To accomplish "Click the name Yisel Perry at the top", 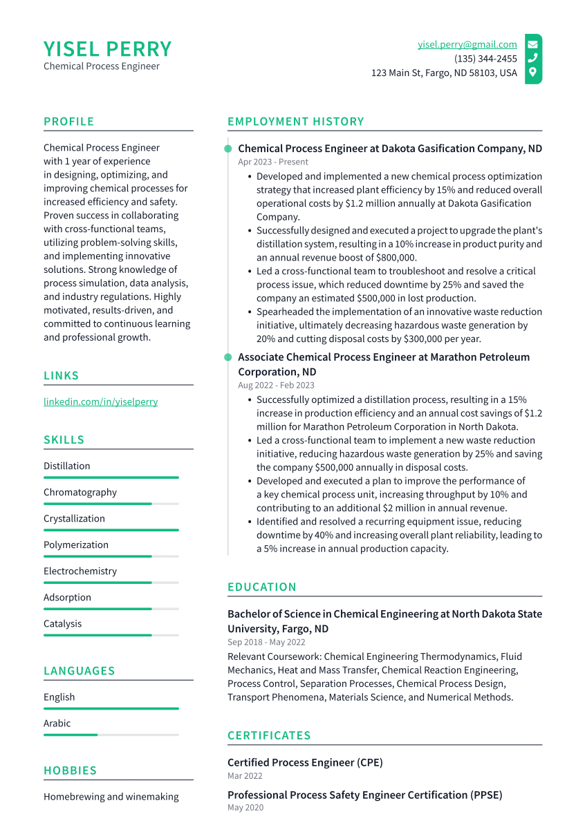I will pyautogui.click(x=107, y=49).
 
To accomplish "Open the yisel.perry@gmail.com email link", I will pyautogui.click(x=467, y=44).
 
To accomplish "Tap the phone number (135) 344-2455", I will pyautogui.click(x=485, y=59).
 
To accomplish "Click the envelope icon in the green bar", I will pyautogui.click(x=532, y=44).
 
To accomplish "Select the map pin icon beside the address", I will pyautogui.click(x=532, y=73).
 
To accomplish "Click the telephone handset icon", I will pyautogui.click(x=532, y=59).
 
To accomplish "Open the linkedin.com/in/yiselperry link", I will pyautogui.click(x=100, y=401).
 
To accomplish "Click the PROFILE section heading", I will pyautogui.click(x=68, y=122).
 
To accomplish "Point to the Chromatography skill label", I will pyautogui.click(x=80, y=492).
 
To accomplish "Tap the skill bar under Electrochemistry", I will pyautogui.click(x=111, y=583).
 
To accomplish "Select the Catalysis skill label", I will pyautogui.click(x=62, y=623).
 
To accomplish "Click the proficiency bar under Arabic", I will pyautogui.click(x=111, y=735).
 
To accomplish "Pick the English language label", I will pyautogui.click(x=59, y=697).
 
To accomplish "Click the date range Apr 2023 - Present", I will pyautogui.click(x=273, y=162).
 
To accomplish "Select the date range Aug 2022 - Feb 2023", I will pyautogui.click(x=276, y=386).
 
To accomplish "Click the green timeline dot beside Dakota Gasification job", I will pyautogui.click(x=227, y=149).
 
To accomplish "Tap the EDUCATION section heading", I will pyautogui.click(x=261, y=587).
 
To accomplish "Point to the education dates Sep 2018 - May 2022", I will pyautogui.click(x=266, y=642).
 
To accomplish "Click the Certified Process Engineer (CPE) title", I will pyautogui.click(x=305, y=762).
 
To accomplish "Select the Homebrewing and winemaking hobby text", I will pyautogui.click(x=111, y=797).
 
